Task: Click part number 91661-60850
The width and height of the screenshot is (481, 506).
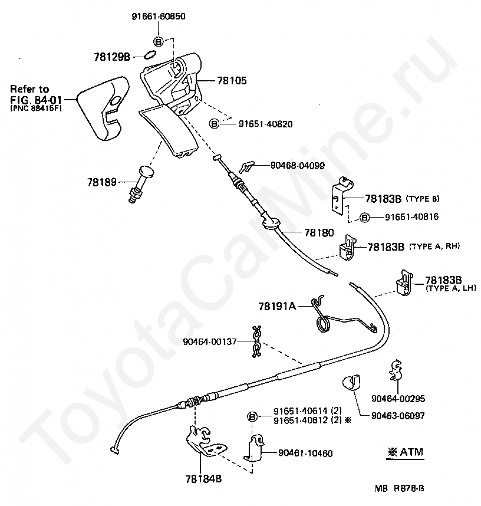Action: [x=159, y=17]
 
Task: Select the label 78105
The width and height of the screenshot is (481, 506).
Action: [x=232, y=81]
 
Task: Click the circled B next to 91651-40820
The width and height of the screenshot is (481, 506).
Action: [x=214, y=124]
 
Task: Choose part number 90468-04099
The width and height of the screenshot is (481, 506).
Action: [x=298, y=166]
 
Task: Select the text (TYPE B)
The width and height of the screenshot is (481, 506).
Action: [x=422, y=199]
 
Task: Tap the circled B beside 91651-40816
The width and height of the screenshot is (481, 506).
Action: [x=364, y=218]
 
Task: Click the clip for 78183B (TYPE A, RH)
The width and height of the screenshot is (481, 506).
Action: [x=347, y=248]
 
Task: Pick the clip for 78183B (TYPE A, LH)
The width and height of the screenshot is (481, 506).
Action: [x=404, y=283]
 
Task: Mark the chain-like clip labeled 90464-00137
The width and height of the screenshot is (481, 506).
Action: [x=257, y=342]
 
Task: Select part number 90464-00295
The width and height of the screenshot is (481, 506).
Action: [x=398, y=399]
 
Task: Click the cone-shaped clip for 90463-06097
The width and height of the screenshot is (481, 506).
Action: [x=352, y=383]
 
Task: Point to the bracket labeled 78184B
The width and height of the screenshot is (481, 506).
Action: [x=206, y=442]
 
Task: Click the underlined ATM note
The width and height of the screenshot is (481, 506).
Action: [x=406, y=452]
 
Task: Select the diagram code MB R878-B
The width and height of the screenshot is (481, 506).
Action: [x=400, y=488]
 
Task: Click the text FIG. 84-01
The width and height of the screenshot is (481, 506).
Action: [x=36, y=100]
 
